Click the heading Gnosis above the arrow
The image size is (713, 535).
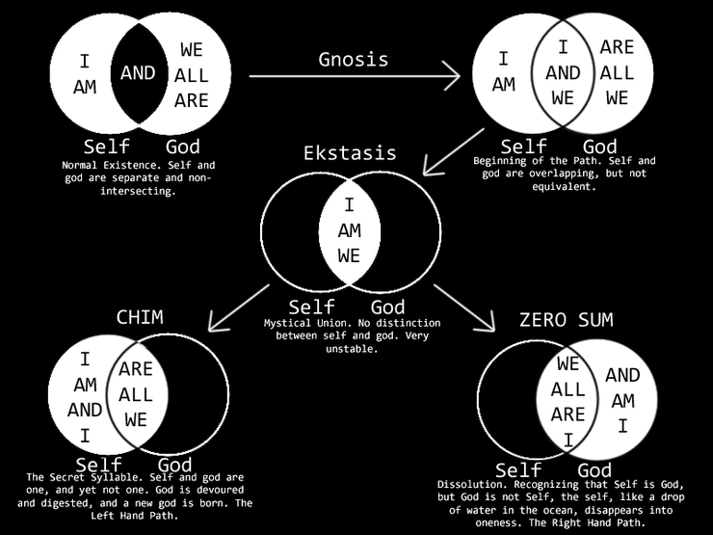(x=354, y=60)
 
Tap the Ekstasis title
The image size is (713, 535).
(x=350, y=153)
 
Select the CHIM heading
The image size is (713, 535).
(x=140, y=317)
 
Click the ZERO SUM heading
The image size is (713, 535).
(x=567, y=320)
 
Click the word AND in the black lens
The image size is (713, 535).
(x=138, y=73)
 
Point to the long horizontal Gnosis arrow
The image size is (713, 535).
(x=355, y=76)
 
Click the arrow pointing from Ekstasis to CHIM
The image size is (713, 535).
(x=239, y=308)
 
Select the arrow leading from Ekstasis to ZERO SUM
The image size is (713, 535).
(x=464, y=308)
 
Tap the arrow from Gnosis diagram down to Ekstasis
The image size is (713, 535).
(x=454, y=152)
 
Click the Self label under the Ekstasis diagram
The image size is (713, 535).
(x=311, y=308)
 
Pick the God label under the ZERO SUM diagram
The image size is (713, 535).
(x=594, y=470)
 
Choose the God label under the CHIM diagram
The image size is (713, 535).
(x=174, y=465)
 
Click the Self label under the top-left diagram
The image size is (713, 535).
(x=106, y=147)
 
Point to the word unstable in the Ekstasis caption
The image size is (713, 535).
(x=352, y=349)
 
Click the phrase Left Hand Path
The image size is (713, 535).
(x=133, y=516)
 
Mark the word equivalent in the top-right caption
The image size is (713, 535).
(x=564, y=186)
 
